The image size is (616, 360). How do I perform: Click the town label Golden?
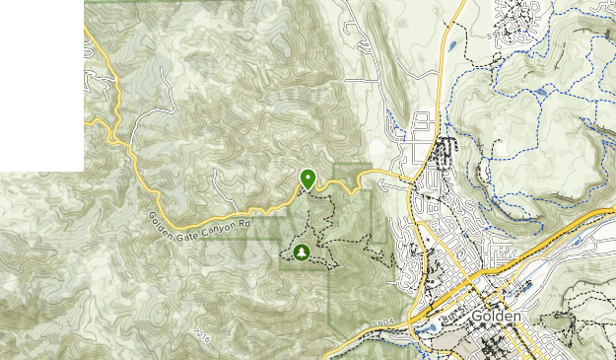[x=496, y=317]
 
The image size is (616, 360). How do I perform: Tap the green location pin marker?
[x=308, y=179]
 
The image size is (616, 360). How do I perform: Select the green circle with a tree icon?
[x=301, y=253]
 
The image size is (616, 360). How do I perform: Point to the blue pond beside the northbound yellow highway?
[x=450, y=44]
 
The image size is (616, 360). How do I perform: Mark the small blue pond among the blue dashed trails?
[x=541, y=93]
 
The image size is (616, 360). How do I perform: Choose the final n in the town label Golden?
[x=514, y=317]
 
